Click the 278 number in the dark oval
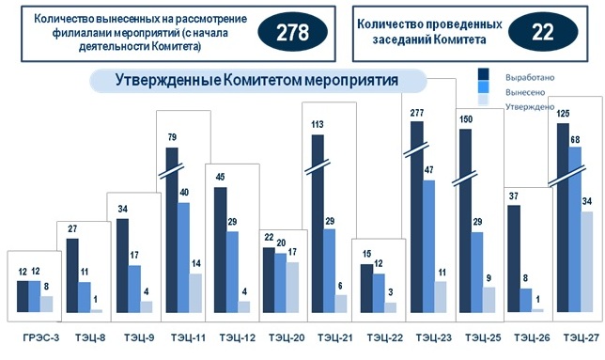click(291, 32)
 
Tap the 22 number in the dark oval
click(542, 32)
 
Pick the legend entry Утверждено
click(529, 106)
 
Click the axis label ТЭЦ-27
click(576, 337)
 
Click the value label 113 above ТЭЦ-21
click(318, 124)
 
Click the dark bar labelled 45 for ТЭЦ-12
click(220, 250)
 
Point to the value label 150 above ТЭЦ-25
click(464, 119)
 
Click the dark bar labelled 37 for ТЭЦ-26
click(513, 258)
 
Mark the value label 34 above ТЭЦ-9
click(122, 210)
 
